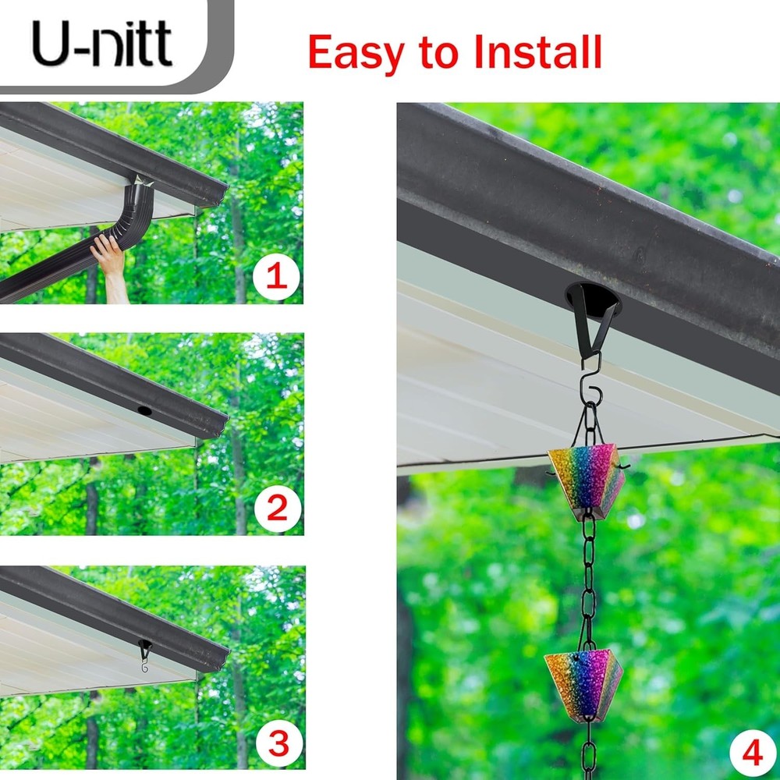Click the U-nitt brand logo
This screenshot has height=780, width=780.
tap(101, 44)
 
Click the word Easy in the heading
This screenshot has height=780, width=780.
tap(355, 52)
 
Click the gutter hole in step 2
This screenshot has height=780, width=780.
tap(144, 409)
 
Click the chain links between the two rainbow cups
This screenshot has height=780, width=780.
tap(588, 581)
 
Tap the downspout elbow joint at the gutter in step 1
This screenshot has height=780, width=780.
tap(141, 192)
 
